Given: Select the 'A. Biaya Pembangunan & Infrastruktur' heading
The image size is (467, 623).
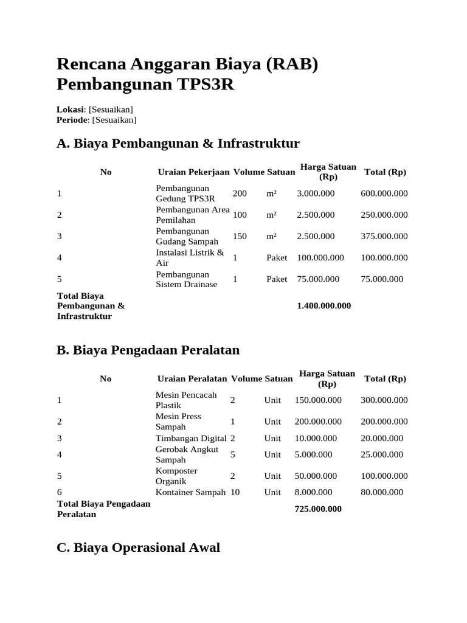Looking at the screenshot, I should (x=178, y=144).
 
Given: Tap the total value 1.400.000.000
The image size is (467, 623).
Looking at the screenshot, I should (x=323, y=306).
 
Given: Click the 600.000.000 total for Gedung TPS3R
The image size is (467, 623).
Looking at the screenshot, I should (x=384, y=193).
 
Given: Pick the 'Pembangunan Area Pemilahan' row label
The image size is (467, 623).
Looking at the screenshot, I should (x=192, y=215).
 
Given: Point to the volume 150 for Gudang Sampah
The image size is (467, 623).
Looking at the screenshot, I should (x=240, y=236).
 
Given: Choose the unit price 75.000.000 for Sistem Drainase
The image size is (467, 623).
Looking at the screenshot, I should (x=319, y=279).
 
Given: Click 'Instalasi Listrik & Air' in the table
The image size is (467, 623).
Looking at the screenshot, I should (x=190, y=257).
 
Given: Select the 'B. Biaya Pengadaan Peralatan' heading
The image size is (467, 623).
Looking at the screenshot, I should (x=148, y=350).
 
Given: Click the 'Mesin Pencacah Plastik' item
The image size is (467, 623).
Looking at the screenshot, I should (x=186, y=400).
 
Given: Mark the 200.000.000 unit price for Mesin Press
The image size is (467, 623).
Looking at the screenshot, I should (x=318, y=422).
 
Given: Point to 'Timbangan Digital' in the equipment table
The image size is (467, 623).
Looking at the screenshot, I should (x=191, y=438).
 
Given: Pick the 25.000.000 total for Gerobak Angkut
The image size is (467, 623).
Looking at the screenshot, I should (x=382, y=454).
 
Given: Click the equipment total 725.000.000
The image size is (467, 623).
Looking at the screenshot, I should (x=318, y=509).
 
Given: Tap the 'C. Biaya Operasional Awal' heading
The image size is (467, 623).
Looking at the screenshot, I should (x=138, y=548).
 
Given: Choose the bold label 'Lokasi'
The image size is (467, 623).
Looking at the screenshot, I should (x=70, y=110).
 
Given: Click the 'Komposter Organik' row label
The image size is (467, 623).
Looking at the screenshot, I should (x=176, y=476).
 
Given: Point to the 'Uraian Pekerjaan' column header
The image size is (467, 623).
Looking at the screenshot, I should (x=193, y=172).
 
